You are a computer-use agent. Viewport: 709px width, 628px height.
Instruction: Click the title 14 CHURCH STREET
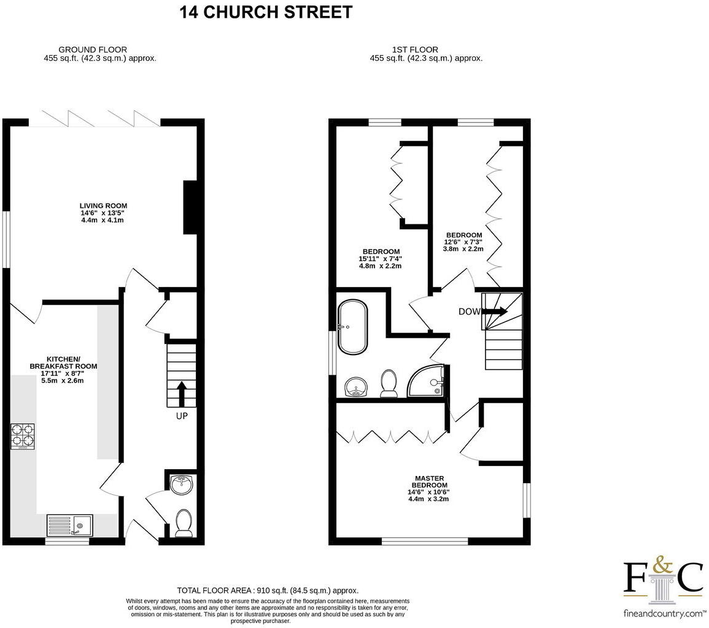coord(266,12)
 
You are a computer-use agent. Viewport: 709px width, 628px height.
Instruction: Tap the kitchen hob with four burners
coord(23,436)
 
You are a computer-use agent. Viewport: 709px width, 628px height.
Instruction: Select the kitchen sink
coord(69,525)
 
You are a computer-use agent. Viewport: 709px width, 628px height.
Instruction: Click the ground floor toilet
coord(184,523)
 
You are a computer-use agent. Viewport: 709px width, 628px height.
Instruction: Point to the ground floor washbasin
coord(182,484)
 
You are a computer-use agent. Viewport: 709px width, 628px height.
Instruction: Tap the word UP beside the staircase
coord(182,416)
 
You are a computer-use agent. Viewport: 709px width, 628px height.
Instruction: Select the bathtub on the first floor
coord(352,326)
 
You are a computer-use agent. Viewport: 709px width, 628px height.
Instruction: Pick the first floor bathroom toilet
coord(388,383)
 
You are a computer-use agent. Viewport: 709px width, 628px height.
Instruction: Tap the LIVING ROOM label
coord(103,206)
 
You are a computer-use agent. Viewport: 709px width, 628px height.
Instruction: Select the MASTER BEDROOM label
coord(429,482)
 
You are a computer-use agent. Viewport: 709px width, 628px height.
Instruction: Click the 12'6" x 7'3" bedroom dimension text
coord(463,242)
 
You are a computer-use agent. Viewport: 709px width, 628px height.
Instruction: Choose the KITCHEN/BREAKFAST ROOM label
coord(63,362)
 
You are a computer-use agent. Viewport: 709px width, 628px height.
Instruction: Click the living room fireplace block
coord(190,207)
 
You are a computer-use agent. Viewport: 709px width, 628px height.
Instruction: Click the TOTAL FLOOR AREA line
coord(267,590)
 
